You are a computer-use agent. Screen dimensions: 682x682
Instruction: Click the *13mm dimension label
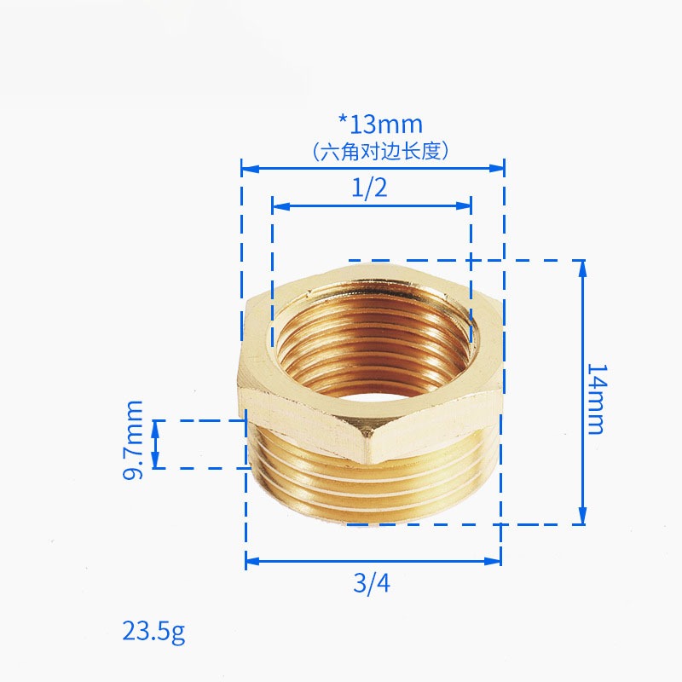[x=380, y=124]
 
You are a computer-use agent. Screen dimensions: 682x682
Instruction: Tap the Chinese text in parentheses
[x=380, y=152]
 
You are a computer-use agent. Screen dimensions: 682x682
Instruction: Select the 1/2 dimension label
[x=369, y=188]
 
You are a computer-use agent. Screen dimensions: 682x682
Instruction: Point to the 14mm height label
[x=596, y=399]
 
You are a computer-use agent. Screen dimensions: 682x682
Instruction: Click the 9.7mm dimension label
[x=133, y=440]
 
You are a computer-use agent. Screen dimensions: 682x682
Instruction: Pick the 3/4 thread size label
[x=372, y=583]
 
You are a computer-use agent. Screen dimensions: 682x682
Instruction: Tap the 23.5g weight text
[x=153, y=632]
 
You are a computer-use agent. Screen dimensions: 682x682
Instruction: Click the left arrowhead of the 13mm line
[x=250, y=168]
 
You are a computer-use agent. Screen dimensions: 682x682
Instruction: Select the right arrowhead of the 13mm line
[x=496, y=168]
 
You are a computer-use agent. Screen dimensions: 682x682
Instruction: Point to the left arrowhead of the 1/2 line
[x=280, y=205]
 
